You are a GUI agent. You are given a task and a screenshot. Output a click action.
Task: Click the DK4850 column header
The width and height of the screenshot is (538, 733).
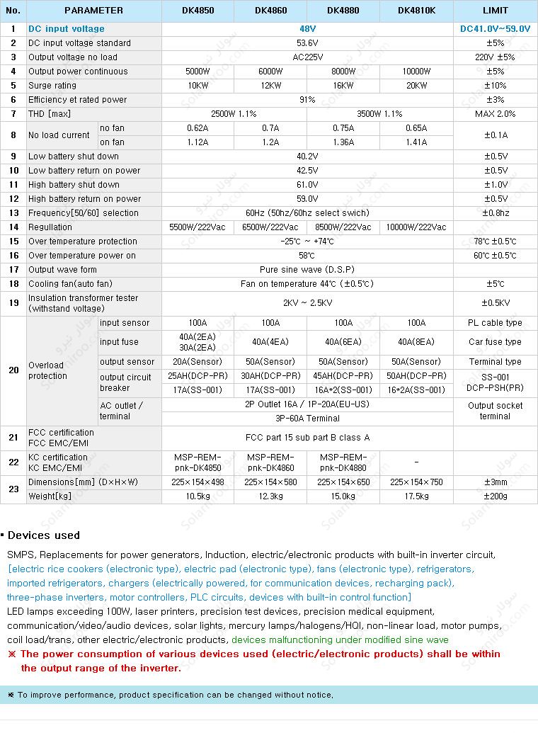pos(198,11)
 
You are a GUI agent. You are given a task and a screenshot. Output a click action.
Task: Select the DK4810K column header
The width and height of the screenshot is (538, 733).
pos(416,11)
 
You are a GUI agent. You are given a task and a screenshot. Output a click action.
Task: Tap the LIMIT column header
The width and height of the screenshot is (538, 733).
pos(495,11)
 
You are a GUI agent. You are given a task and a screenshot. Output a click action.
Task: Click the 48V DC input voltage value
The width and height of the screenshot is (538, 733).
pos(307,29)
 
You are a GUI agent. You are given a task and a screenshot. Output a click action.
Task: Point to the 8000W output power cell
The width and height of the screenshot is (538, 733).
pos(343,72)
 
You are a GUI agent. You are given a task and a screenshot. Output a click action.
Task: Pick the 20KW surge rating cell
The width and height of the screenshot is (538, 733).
pos(416,86)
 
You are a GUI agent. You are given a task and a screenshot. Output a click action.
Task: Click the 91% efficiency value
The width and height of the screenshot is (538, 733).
pos(307,100)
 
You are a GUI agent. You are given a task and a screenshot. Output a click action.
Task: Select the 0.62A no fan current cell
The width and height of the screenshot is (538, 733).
pos(198,128)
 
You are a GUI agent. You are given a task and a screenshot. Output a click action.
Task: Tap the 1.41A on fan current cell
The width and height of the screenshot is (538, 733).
pos(416,142)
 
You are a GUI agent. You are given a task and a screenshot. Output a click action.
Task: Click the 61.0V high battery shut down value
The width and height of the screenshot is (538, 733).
pos(307,185)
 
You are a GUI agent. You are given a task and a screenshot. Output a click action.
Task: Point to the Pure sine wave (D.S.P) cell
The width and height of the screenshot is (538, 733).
pos(307,270)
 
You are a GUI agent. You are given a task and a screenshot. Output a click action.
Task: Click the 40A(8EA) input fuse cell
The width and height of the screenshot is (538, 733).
pos(416,342)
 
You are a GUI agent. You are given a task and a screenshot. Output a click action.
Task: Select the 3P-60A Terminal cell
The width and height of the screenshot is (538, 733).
pos(307,419)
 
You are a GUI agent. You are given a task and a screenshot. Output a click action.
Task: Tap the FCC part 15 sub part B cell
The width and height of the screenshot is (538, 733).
pos(307,438)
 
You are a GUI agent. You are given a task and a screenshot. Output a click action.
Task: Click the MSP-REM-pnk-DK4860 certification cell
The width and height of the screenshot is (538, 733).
pos(270,462)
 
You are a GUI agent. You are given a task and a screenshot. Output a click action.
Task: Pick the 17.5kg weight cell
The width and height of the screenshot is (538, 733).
pos(416,496)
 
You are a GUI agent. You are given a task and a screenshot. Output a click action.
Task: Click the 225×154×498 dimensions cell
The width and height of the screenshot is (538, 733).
pos(198,482)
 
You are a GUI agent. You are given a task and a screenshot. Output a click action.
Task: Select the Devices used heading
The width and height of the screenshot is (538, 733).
pos(44,535)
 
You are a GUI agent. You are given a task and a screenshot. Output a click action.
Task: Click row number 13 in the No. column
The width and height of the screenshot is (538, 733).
pos(13,213)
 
